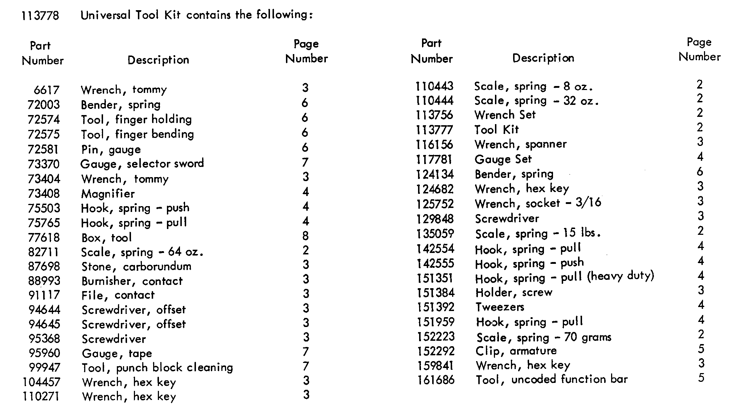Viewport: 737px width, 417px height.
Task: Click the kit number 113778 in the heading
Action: [40, 16]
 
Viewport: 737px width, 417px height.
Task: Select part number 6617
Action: [46, 90]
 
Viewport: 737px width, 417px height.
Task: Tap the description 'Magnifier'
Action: [108, 194]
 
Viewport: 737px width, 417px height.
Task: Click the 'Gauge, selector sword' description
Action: [142, 164]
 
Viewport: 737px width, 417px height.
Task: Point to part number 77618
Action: [44, 238]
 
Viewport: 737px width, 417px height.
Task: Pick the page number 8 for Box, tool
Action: [306, 236]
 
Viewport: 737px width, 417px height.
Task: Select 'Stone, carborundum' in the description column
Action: [136, 267]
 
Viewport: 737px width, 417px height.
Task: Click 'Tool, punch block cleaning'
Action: [157, 368]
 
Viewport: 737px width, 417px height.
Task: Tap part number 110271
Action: [41, 396]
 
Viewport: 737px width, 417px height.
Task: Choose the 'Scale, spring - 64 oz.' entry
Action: [142, 252]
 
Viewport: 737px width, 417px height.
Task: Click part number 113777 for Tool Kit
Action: [434, 130]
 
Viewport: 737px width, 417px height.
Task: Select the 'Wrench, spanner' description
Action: [520, 144]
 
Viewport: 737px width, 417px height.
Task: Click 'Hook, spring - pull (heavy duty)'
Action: [565, 278]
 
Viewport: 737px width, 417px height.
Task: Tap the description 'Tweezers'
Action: [500, 307]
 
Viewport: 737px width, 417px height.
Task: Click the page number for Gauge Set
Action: [700, 157]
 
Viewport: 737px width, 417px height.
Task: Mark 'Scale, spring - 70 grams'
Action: [544, 338]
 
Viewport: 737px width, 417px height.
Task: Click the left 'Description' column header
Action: [158, 60]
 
